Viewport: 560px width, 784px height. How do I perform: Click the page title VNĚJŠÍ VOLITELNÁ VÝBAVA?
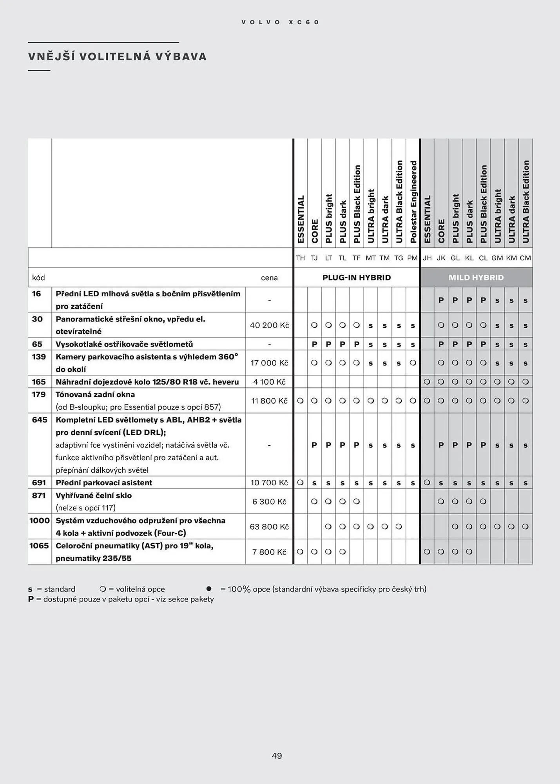coord(117,56)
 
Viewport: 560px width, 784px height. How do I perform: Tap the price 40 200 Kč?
coord(269,325)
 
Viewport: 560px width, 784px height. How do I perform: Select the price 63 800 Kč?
coord(269,526)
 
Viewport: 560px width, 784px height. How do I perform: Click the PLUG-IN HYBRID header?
coord(356,278)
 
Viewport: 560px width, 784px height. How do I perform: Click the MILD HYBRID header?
coord(476,278)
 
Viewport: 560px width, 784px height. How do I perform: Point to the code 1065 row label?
coord(39,546)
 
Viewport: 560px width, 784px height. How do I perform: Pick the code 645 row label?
coord(40,420)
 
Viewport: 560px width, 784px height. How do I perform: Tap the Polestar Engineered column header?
coord(413,201)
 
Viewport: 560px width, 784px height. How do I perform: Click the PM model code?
coord(412,258)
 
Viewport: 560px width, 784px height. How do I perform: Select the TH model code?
coord(300,258)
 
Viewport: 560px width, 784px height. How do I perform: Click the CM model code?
coord(525,258)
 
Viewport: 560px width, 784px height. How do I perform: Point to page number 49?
coord(277,756)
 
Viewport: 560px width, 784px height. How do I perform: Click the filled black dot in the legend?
coord(209,589)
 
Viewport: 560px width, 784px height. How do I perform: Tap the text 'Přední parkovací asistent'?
coord(104,483)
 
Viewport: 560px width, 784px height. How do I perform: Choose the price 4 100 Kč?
coord(269,382)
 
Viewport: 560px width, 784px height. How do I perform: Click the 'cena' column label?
coord(269,278)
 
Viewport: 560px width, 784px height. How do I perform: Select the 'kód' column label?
coord(38,278)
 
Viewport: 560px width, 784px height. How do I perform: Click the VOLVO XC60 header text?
coord(280,22)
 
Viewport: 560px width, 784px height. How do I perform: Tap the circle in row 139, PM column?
coord(413,363)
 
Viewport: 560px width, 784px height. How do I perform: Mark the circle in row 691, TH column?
coord(300,483)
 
